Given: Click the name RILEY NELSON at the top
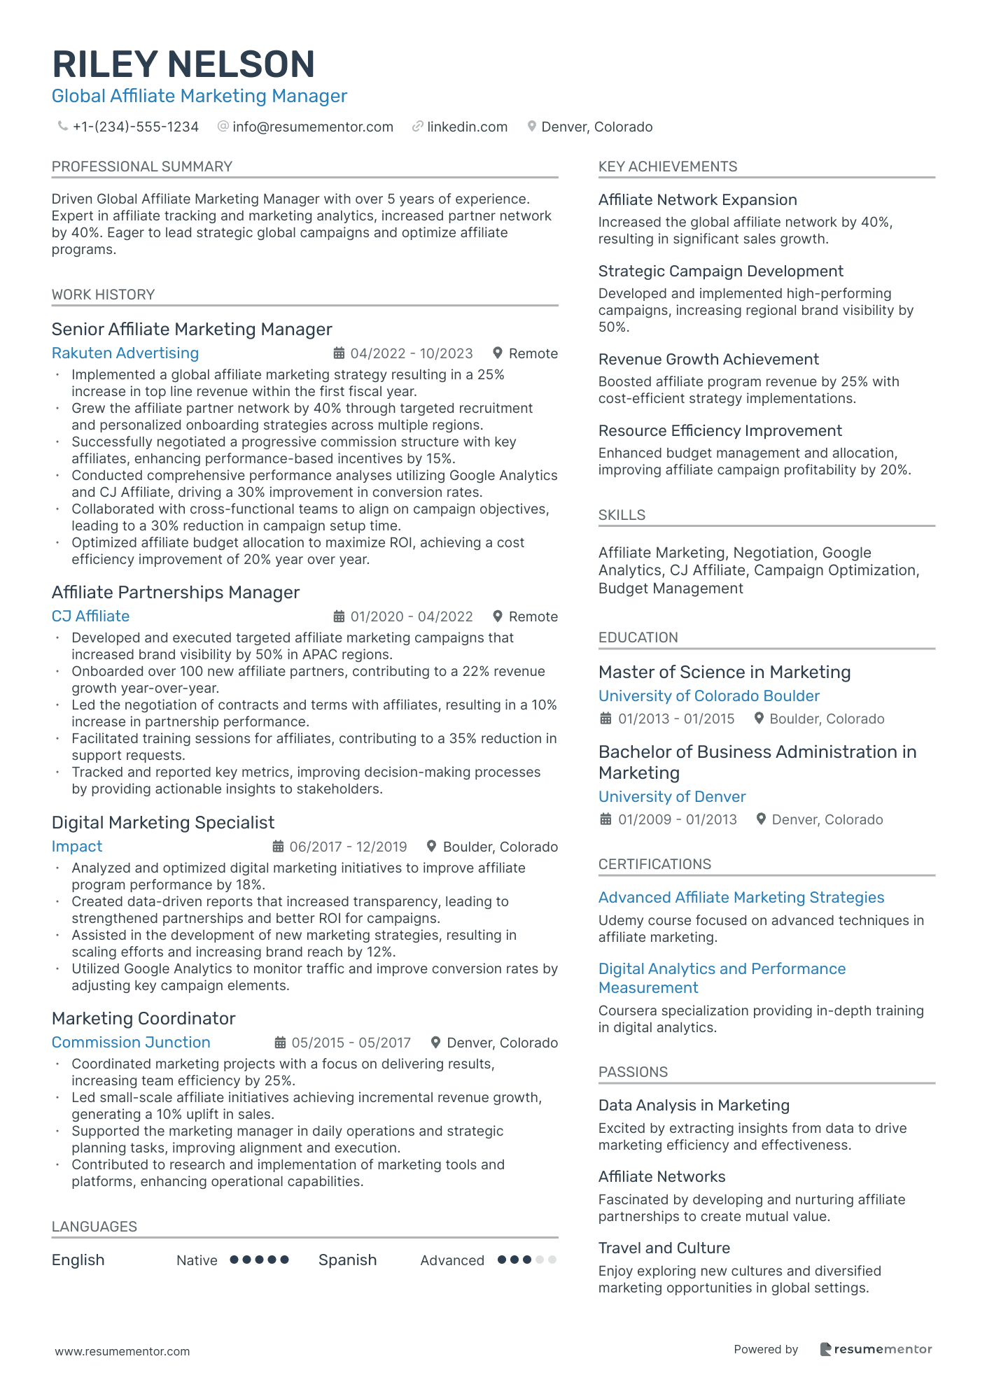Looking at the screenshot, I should point(183,64).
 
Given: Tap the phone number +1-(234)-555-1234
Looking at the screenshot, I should point(135,127).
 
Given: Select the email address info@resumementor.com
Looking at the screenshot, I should point(312,127).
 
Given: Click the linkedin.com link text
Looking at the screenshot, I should point(467,127).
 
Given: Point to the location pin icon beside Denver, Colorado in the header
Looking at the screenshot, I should point(532,127).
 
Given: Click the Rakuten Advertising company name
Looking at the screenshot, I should point(125,353).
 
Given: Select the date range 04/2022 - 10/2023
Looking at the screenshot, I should point(412,354).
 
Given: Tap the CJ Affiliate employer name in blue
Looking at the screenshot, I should point(90,616).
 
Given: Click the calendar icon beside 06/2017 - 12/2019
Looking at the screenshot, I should point(279,847).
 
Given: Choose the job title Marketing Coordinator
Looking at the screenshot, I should point(143,1018).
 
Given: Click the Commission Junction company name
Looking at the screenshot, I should point(131,1043).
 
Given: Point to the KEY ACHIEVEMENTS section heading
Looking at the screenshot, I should point(668,167).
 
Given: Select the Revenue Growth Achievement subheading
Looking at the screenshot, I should point(708,359).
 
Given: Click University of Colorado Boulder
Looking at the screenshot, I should point(708,696).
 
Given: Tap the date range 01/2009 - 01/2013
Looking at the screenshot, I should point(677,819).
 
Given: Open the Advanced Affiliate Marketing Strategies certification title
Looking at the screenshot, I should point(741,898).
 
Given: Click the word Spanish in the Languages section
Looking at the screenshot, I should point(347,1260).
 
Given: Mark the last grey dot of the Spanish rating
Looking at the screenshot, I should point(552,1260).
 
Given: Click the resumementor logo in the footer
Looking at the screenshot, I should point(876,1349).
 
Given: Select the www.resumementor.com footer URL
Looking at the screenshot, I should point(122,1351).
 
